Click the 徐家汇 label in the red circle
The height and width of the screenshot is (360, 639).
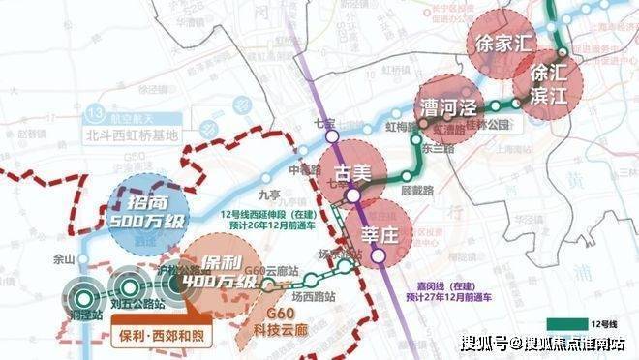tap(502, 44)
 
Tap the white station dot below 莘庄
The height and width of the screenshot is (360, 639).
tap(380, 256)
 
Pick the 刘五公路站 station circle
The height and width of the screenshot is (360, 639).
tap(127, 287)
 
